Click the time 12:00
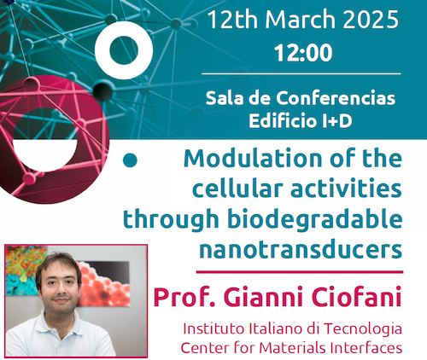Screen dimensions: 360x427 coord(302,55)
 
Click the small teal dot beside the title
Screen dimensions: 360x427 coord(131,160)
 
